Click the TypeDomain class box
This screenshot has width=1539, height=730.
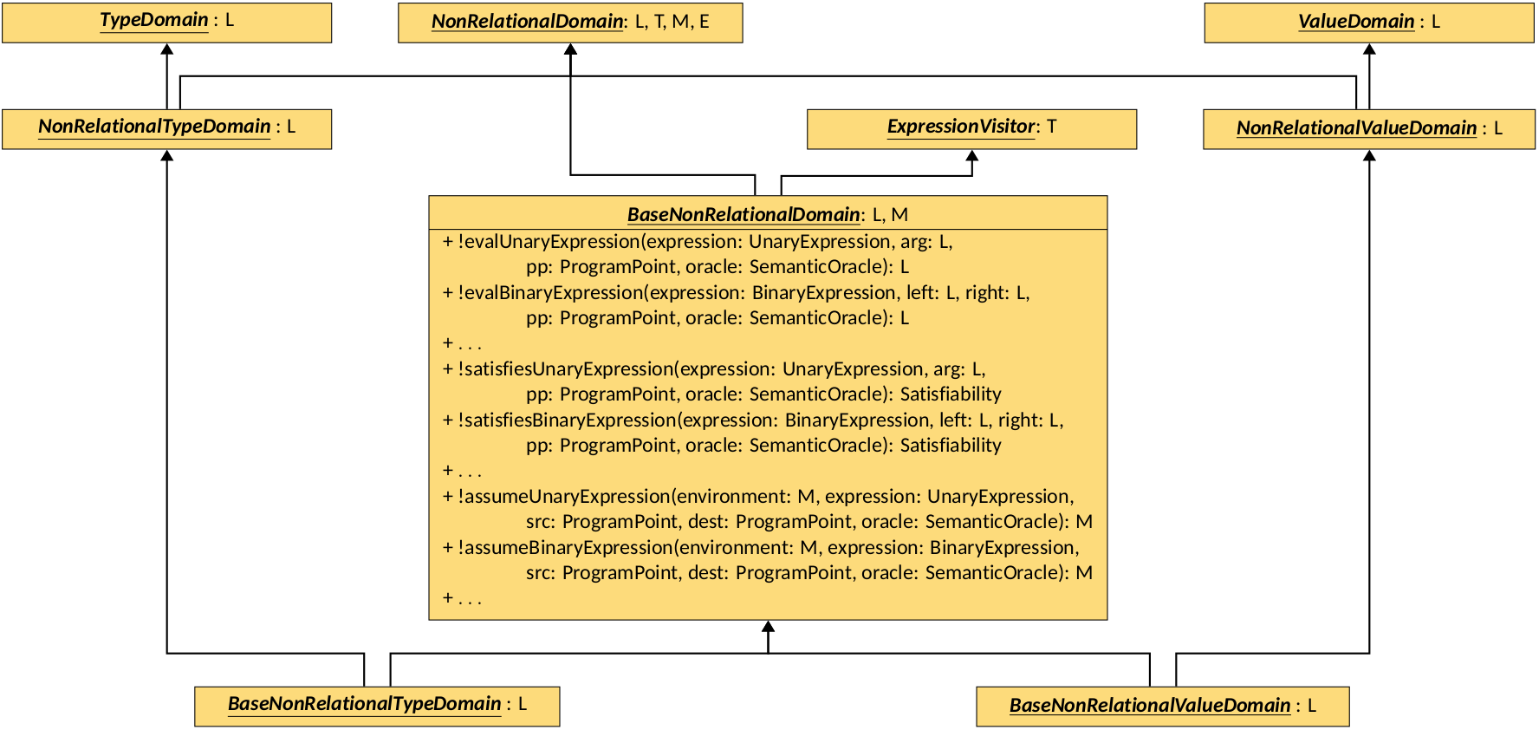pos(166,22)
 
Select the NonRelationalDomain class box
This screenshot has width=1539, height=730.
pos(569,23)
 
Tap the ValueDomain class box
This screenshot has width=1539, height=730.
pos(1368,23)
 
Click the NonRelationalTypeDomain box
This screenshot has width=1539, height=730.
pos(166,128)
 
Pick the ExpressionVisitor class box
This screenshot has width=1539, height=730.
pos(971,128)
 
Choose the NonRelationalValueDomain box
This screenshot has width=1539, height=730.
pos(1368,129)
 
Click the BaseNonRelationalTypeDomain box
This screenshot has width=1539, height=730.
pos(376,706)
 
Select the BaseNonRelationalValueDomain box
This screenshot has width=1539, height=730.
pos(1162,707)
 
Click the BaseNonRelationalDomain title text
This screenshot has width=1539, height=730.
pos(743,214)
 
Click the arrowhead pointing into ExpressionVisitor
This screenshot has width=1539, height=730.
pos(971,157)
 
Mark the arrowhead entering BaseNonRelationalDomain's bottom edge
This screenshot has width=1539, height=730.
pos(768,627)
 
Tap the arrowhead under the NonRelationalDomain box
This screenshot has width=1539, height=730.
pos(570,49)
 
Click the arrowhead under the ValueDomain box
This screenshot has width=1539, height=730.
pos(1369,49)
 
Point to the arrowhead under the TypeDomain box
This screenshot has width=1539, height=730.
pos(167,49)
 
